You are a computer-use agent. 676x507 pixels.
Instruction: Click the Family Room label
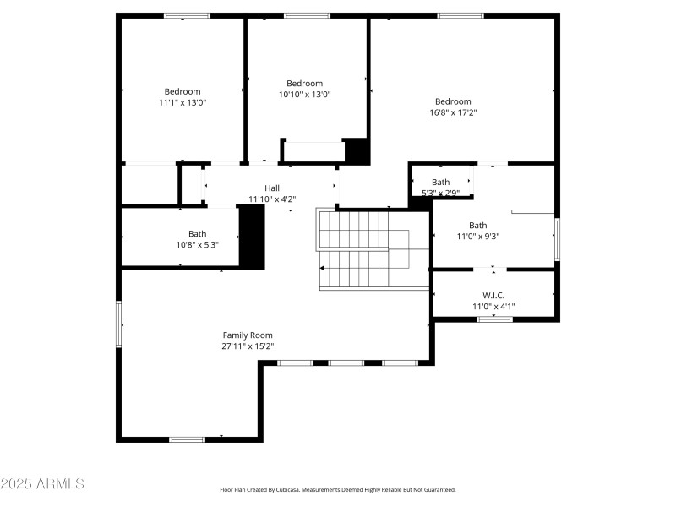click(248, 335)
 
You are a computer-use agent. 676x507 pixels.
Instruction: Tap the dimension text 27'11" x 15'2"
click(248, 346)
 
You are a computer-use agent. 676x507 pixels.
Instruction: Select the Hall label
click(272, 188)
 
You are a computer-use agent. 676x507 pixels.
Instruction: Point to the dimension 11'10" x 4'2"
click(272, 199)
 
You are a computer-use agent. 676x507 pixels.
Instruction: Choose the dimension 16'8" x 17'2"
click(453, 112)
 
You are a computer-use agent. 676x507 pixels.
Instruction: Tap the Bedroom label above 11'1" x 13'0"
click(183, 91)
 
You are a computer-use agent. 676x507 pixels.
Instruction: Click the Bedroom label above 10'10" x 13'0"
click(305, 84)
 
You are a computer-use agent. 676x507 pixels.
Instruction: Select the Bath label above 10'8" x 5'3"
click(197, 234)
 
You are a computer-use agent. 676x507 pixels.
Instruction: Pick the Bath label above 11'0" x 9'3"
click(478, 226)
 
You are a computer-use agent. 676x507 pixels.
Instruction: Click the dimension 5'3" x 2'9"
click(440, 193)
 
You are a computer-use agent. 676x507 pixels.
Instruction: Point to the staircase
click(363, 249)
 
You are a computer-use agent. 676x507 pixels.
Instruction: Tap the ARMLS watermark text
click(42, 484)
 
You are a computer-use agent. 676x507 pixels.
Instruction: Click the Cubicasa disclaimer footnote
click(337, 489)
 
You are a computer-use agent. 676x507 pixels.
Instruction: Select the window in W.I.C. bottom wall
click(494, 319)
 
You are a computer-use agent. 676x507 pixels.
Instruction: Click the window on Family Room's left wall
click(119, 324)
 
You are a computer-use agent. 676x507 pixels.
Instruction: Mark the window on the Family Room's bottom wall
click(187, 439)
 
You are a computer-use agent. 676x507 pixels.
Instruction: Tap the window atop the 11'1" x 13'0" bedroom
click(187, 15)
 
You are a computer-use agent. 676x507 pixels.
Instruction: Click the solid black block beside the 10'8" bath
click(252, 237)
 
